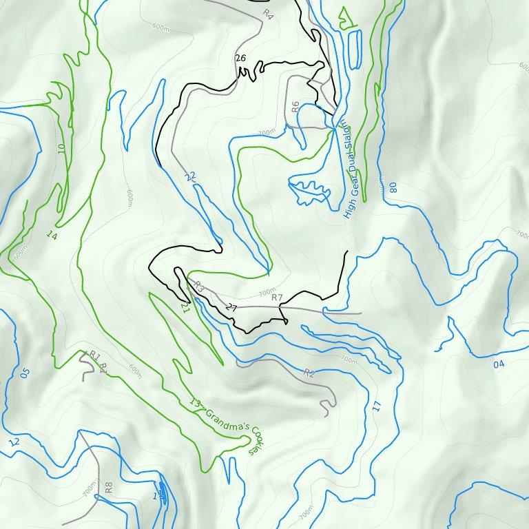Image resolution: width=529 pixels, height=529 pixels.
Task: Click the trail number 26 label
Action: click(240, 58)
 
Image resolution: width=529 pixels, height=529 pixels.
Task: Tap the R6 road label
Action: click(295, 107)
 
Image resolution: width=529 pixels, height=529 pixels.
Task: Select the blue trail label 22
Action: click(190, 177)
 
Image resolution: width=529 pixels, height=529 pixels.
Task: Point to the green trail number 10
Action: click(61, 147)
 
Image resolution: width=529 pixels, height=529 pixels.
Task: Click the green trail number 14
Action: click(51, 235)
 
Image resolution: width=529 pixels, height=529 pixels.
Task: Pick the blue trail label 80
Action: click(393, 187)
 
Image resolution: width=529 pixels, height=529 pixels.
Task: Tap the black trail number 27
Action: click(231, 308)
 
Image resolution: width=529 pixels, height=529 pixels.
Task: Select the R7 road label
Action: click(277, 298)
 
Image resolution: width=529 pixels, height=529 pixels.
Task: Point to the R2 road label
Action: click(309, 373)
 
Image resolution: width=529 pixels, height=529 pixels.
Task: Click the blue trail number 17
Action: click(376, 406)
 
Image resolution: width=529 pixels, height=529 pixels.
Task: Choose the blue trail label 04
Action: click(499, 364)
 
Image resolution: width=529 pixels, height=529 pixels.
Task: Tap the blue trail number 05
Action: click(25, 373)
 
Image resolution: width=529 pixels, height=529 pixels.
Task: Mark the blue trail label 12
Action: click(14, 442)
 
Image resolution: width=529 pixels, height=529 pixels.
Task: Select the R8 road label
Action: click(108, 488)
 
